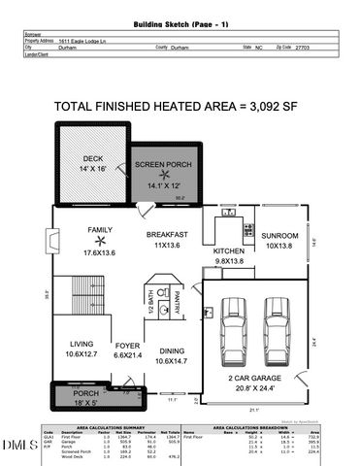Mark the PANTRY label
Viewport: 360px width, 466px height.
tap(177, 309)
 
